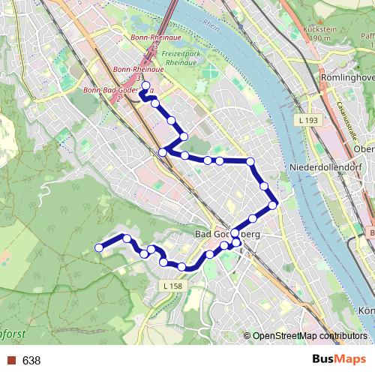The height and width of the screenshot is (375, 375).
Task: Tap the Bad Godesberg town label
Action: [x=227, y=235]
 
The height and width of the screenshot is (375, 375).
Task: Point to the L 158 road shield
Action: [x=172, y=286]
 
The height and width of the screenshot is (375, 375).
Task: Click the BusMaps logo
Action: [x=334, y=360]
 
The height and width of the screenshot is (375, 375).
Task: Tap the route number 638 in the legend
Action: [x=31, y=361]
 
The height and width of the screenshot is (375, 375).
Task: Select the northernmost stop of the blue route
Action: [x=145, y=85]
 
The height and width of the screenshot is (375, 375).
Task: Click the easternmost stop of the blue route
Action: [x=273, y=204]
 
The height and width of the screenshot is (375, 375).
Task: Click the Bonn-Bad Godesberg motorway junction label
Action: [x=118, y=90]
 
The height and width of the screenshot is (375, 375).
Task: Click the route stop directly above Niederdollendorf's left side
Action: [x=251, y=161]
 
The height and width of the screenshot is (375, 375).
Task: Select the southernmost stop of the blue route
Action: [x=182, y=267]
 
